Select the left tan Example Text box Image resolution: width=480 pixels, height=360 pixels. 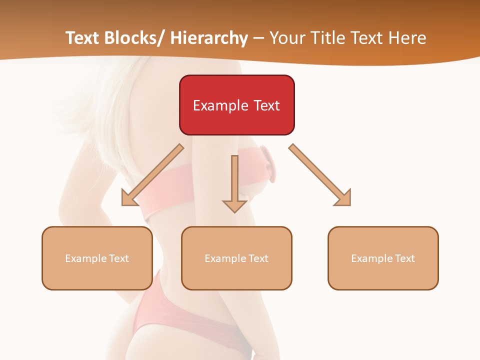(x=96, y=258)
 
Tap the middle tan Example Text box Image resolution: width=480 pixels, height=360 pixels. (x=236, y=258)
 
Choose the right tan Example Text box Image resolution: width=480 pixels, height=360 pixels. (x=383, y=258)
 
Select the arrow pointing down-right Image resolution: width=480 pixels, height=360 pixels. (x=320, y=175)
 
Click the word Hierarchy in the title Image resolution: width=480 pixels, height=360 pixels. (x=209, y=38)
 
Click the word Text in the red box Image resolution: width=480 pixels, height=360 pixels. (x=266, y=105)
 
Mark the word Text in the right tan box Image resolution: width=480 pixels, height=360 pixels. (x=404, y=258)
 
